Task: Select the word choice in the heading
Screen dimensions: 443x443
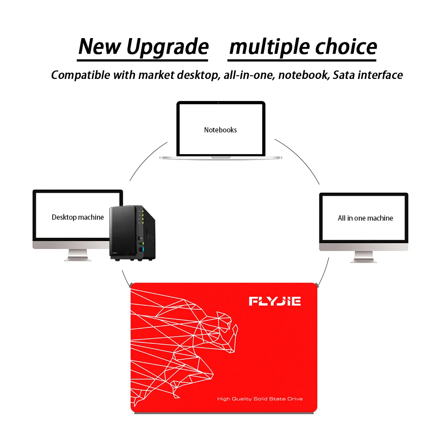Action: point(348,47)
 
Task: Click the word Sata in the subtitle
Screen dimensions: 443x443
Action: point(344,75)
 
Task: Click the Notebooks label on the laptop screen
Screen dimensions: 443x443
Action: point(220,130)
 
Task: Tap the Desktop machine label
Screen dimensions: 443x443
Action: point(78,217)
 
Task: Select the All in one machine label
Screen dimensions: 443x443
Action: point(365,218)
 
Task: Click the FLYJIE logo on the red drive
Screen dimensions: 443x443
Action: point(275,302)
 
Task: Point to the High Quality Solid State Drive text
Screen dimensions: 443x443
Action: point(260,399)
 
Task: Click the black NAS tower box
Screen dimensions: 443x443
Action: point(133,233)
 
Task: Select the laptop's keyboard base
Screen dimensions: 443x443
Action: point(220,156)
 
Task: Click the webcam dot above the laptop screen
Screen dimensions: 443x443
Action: point(220,103)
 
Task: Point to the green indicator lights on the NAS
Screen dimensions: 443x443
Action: point(142,217)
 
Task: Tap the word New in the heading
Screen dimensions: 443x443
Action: point(99,47)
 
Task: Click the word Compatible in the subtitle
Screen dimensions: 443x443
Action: point(80,75)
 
